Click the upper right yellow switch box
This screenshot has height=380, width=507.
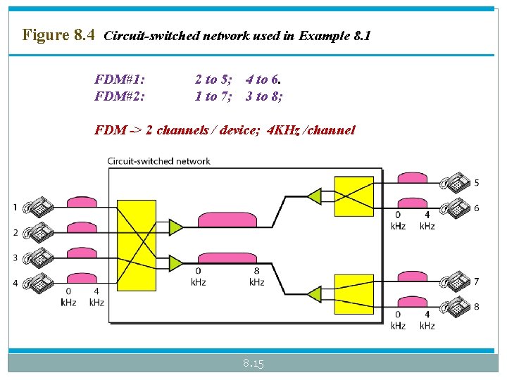pyautogui.click(x=353, y=195)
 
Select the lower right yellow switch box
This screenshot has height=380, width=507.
pyautogui.click(x=353, y=293)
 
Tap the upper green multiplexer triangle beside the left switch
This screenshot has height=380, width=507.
pyautogui.click(x=175, y=227)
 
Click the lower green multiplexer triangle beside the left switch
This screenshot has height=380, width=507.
pyautogui.click(x=175, y=262)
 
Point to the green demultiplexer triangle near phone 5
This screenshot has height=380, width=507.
pyautogui.click(x=313, y=196)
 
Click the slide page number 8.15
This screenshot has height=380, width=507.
pyautogui.click(x=253, y=363)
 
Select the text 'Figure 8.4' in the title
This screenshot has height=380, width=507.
pyautogui.click(x=58, y=34)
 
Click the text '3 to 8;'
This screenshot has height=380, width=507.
pyautogui.click(x=265, y=96)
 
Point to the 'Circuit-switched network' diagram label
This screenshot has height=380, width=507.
pyautogui.click(x=158, y=161)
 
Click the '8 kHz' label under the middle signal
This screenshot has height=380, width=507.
pyautogui.click(x=256, y=276)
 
